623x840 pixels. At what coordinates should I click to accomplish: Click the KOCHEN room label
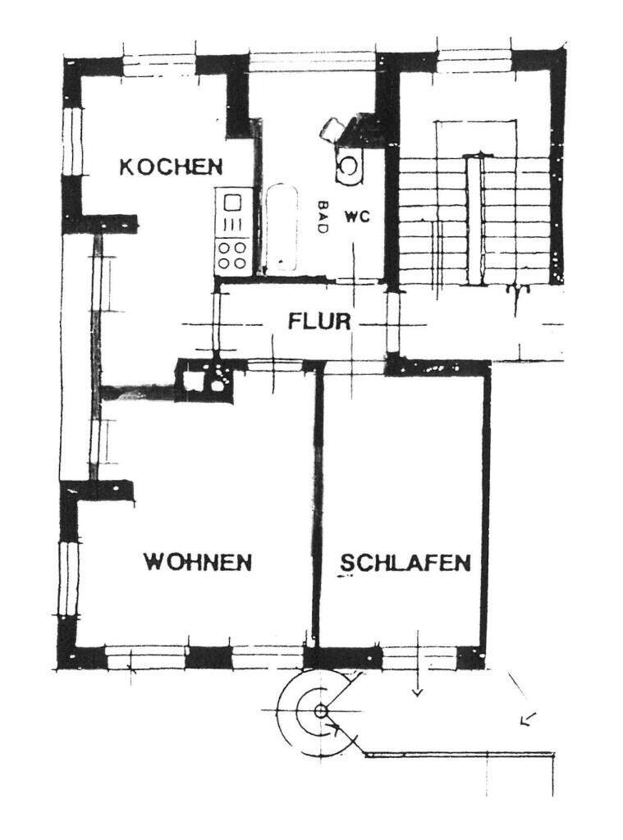point(171,167)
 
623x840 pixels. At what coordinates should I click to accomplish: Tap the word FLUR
point(319,320)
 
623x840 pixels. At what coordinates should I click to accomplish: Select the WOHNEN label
point(197,563)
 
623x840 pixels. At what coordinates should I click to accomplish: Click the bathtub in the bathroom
point(280,227)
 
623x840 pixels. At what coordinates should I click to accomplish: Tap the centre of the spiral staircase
point(320,710)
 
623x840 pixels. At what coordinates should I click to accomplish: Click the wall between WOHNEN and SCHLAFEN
point(316,509)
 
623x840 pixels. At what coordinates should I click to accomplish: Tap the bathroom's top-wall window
point(312,62)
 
